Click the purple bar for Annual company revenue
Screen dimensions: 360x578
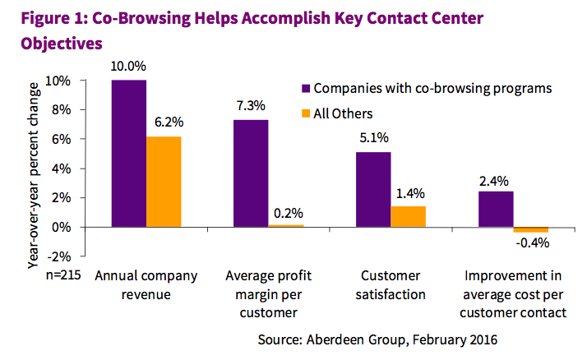tap(130, 154)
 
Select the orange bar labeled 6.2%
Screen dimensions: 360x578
tap(164, 182)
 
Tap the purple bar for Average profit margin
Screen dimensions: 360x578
tap(251, 173)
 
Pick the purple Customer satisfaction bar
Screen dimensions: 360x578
tap(373, 189)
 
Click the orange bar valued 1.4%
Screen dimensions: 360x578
tap(408, 216)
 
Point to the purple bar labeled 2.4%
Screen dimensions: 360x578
tap(496, 209)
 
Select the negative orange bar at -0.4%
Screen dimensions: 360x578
tap(530, 229)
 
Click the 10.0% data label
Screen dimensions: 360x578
tap(130, 68)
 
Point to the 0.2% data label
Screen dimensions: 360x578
tap(285, 212)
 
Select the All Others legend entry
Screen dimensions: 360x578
tap(343, 113)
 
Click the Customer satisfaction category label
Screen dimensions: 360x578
tap(391, 284)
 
